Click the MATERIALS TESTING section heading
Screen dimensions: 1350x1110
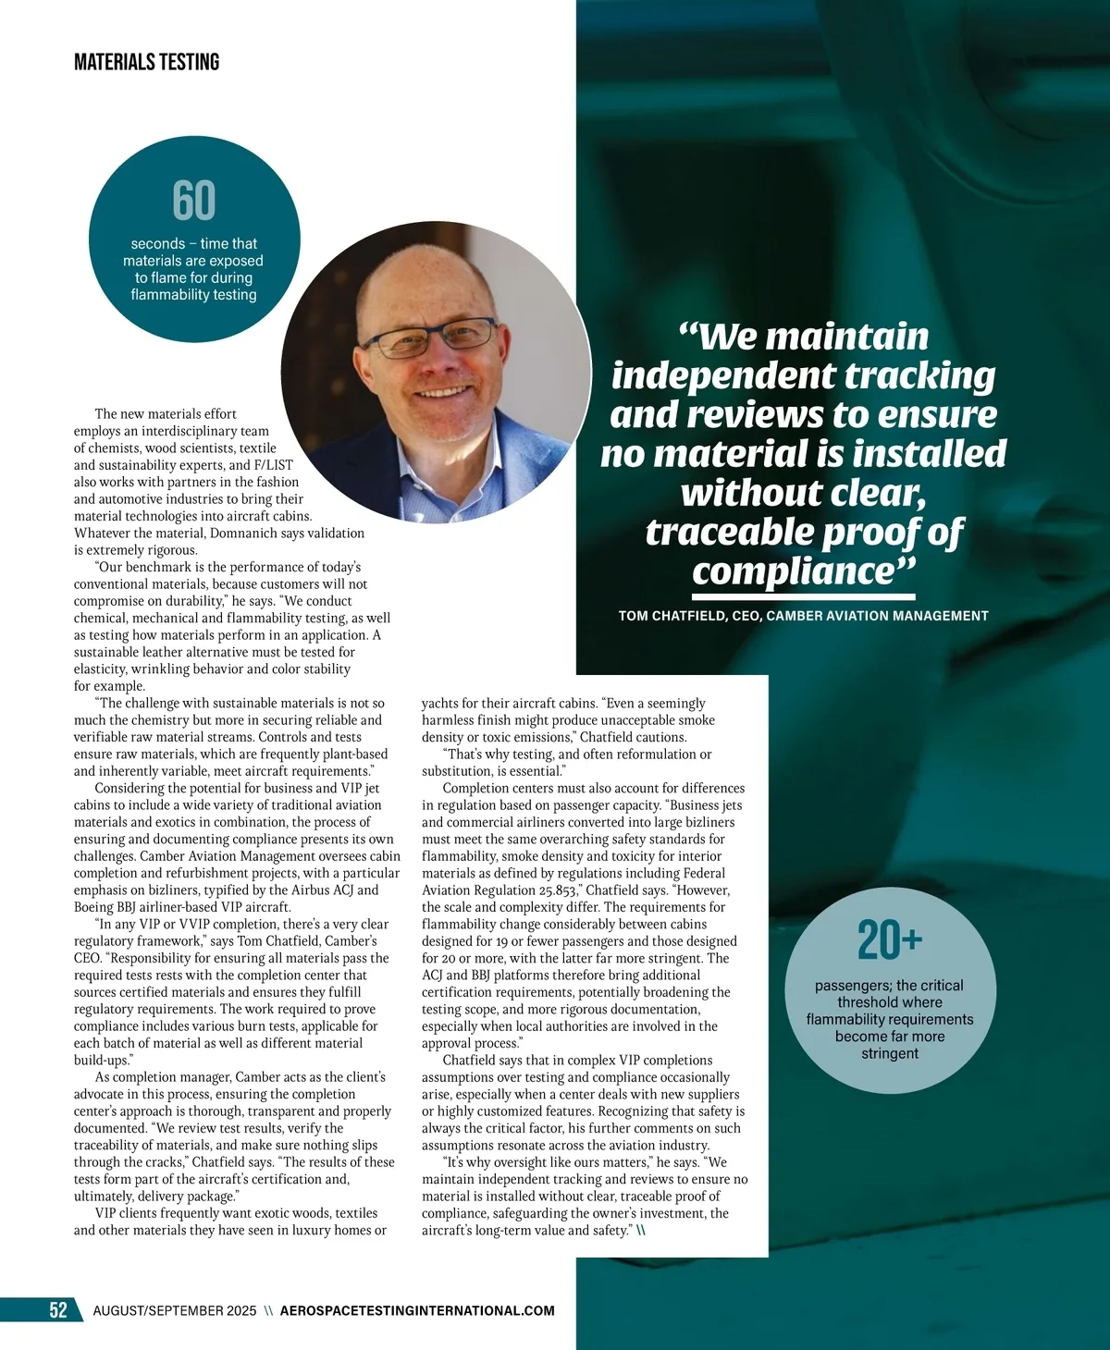146,62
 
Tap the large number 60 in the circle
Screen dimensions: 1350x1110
194,200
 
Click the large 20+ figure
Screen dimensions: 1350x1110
890,940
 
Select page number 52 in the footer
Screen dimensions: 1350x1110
57,1309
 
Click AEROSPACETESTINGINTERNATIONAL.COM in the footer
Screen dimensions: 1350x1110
417,1310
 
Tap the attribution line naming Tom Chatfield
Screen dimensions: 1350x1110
803,616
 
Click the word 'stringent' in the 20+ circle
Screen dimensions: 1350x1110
890,1053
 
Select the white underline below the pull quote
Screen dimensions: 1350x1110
803,595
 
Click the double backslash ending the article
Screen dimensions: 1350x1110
640,1231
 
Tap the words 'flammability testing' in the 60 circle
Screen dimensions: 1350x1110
193,295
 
